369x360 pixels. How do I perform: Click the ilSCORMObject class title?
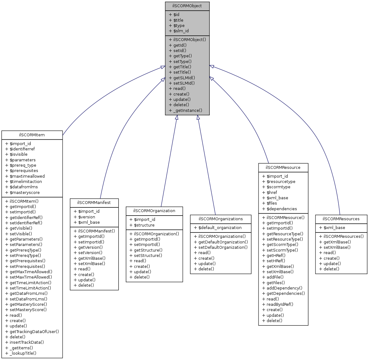187,6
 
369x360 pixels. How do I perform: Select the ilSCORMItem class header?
32,135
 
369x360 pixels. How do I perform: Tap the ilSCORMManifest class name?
94,203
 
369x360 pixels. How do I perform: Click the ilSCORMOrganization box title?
154,211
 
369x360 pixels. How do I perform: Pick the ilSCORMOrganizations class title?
221,219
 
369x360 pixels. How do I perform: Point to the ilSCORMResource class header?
283,168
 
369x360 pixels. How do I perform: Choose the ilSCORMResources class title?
341,219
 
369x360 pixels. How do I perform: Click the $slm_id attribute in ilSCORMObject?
181,31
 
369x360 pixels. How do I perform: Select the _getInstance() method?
187,111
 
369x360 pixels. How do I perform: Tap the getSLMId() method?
184,78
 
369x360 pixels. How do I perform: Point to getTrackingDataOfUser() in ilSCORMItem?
34,331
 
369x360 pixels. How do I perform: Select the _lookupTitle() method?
23,353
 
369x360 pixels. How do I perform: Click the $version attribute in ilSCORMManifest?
86,217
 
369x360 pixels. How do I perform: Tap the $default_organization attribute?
220,228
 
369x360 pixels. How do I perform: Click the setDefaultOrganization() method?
223,248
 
